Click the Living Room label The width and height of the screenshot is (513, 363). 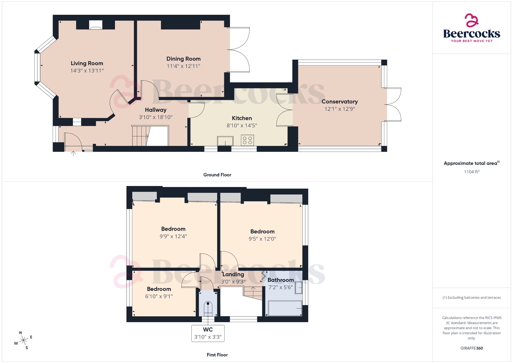click(87, 63)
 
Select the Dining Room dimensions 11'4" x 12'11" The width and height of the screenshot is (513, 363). click(183, 66)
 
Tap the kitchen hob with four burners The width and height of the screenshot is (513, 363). click(247, 140)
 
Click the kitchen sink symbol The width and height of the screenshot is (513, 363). click(225, 141)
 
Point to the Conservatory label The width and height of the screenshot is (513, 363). click(339, 102)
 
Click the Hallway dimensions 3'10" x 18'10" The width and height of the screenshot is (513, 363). click(156, 117)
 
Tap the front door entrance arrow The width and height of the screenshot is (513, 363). click(73, 153)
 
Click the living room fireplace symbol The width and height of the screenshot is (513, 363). click(95, 25)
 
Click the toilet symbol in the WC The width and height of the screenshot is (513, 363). click(208, 309)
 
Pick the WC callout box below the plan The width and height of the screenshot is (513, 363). click(208, 333)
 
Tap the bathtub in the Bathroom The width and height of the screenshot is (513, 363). click(285, 308)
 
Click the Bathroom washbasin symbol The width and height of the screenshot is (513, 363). click(298, 288)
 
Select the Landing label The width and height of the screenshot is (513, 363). click(233, 275)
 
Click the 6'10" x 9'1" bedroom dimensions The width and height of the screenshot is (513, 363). click(159, 296)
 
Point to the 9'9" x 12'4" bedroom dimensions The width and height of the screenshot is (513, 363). click(173, 236)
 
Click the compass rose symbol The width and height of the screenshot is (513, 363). click(24, 340)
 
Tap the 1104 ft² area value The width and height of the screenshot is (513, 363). click(471, 172)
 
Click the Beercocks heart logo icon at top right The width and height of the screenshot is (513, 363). click(471, 20)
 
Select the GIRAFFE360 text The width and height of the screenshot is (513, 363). click(471, 348)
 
